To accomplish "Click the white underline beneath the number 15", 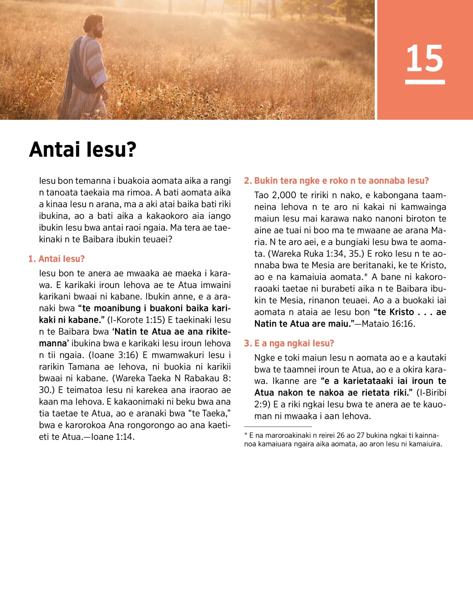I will [x=425, y=82].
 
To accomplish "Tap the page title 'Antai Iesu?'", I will [x=83, y=150].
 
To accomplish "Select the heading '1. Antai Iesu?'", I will [x=56, y=259].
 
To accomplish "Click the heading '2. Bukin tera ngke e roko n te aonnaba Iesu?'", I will [x=336, y=181].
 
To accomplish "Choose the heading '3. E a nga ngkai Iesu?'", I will [x=289, y=343].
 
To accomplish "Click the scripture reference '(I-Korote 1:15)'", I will [x=136, y=320].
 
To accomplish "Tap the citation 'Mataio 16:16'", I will [x=388, y=324].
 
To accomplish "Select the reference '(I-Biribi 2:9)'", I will [x=431, y=393].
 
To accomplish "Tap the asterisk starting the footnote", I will [x=246, y=435].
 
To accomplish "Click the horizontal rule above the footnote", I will [x=278, y=426].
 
